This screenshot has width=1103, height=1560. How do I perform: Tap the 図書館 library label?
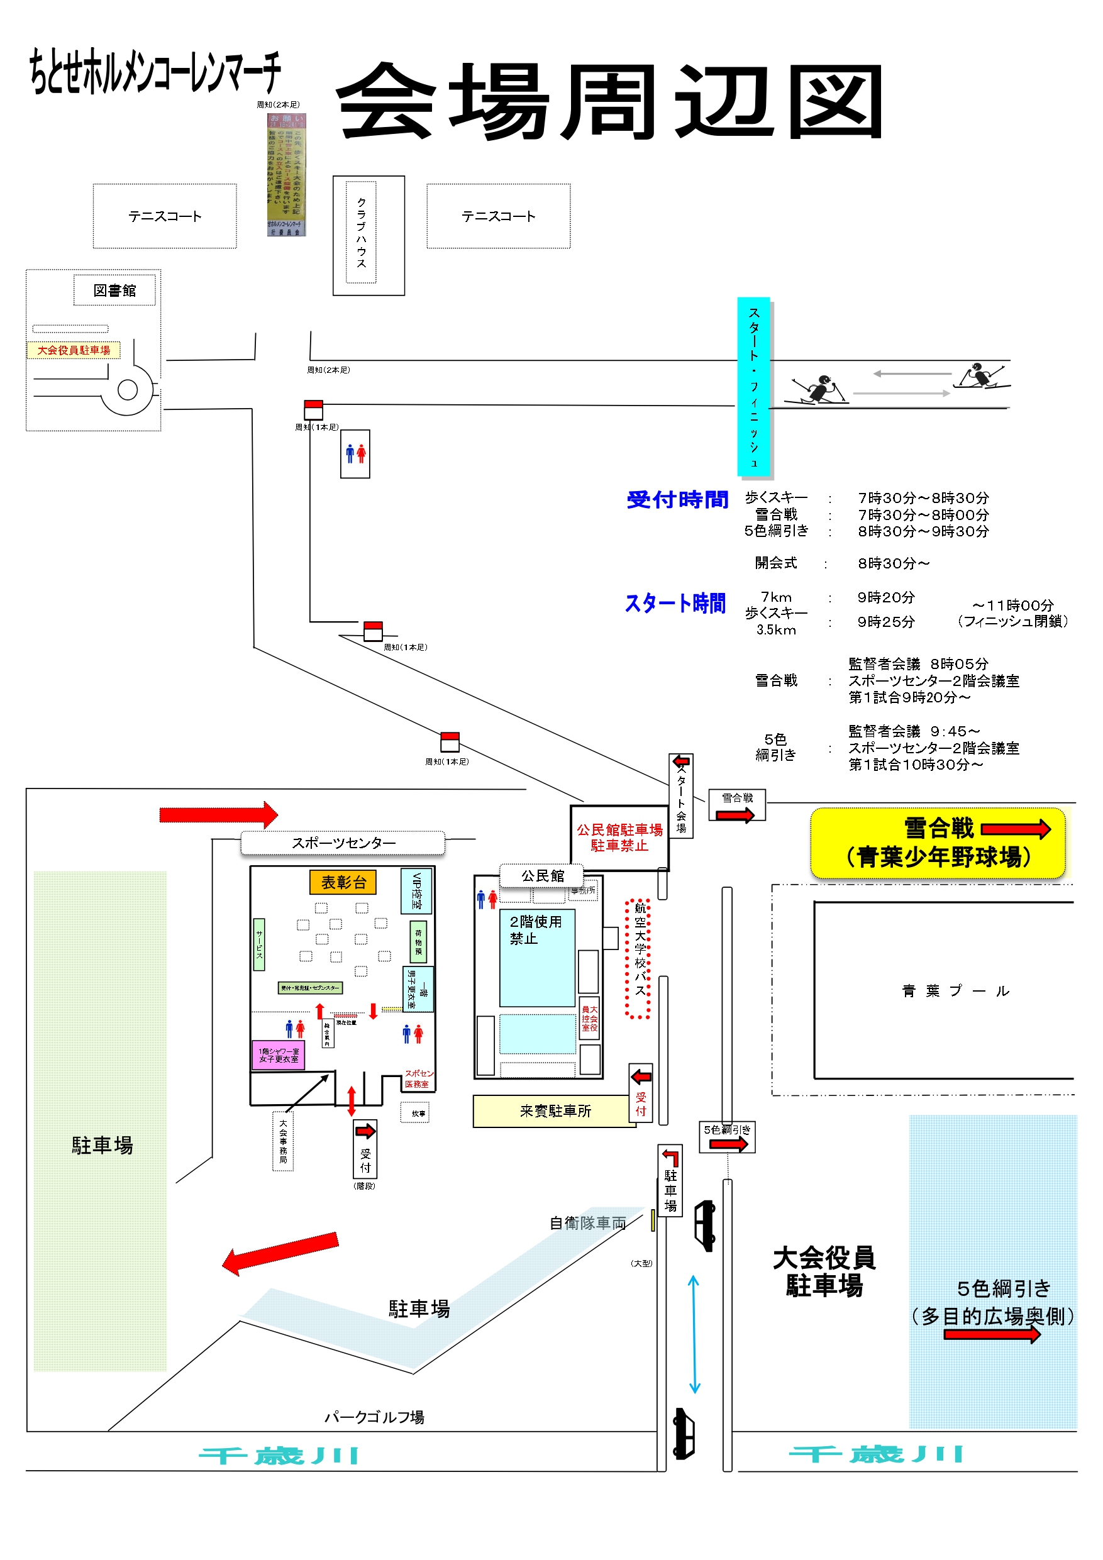(114, 290)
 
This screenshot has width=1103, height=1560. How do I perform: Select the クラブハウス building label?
(361, 233)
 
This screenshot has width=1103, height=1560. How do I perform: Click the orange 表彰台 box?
(343, 882)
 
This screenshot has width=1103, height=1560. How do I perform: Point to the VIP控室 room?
(416, 891)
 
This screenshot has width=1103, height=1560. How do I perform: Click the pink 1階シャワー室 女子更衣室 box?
(278, 1054)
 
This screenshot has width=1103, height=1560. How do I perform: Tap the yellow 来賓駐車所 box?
(555, 1111)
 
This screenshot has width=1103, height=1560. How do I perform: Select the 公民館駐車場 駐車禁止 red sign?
(619, 838)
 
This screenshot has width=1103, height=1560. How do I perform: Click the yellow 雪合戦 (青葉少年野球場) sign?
(937, 843)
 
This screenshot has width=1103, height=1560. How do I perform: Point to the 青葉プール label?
(955, 990)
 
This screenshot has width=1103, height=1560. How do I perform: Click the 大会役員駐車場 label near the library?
(74, 350)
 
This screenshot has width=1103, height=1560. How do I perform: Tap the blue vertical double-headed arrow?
(694, 1334)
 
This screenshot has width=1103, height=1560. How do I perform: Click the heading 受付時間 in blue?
(677, 499)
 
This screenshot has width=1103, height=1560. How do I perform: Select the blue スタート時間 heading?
(675, 604)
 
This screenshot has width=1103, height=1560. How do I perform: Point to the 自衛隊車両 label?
(587, 1223)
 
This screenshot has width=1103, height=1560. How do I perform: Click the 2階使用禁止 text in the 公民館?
(536, 929)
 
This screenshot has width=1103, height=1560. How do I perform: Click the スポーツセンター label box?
(343, 843)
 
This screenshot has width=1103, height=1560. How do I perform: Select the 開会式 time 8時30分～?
(893, 563)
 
